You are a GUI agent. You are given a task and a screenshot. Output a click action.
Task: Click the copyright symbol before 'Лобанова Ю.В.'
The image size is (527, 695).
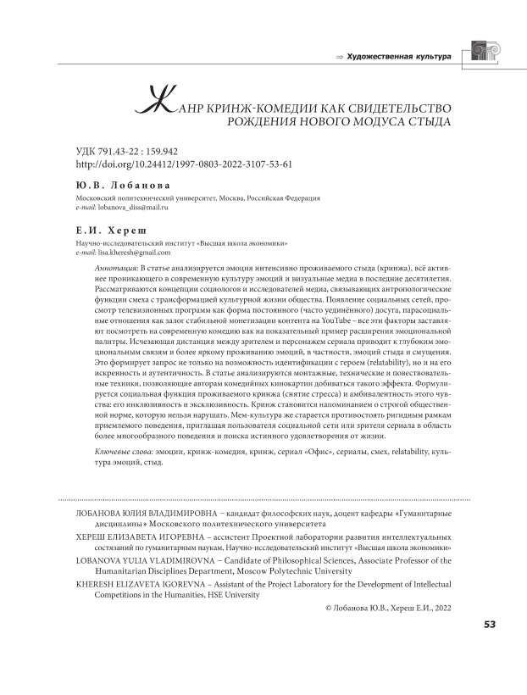[x=329, y=608]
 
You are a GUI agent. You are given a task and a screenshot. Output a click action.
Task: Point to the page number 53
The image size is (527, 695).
[x=489, y=625]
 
